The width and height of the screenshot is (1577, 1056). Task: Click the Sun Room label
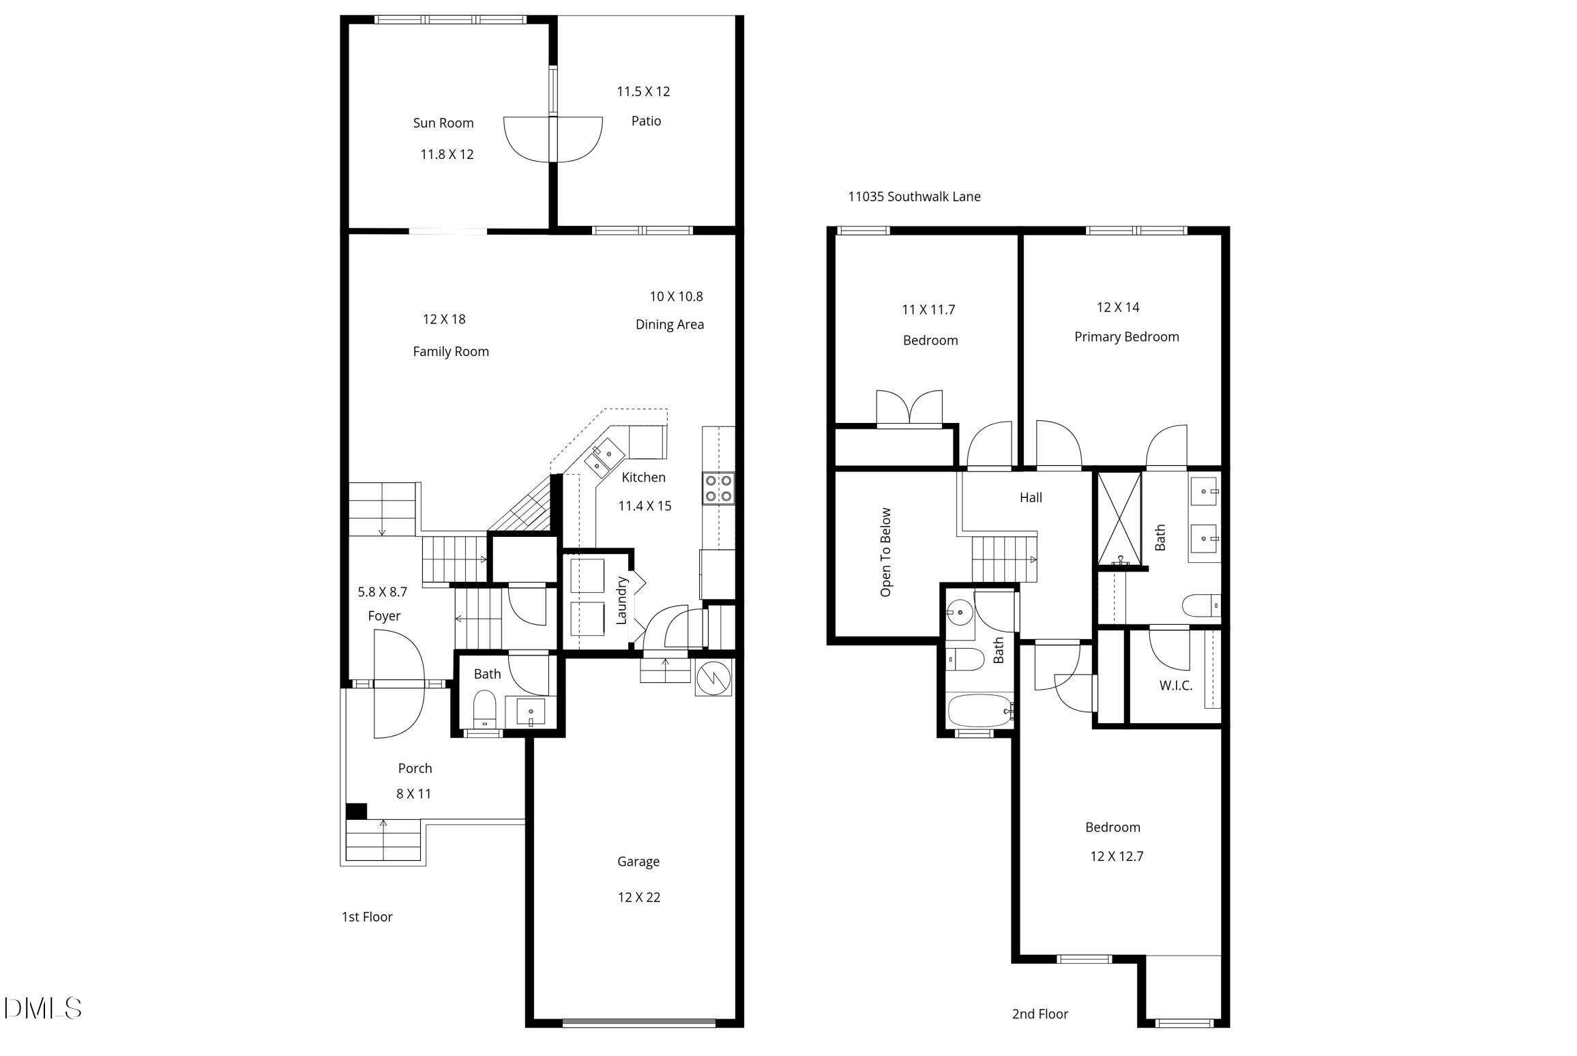443,123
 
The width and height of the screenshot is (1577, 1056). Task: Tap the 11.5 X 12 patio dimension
643,91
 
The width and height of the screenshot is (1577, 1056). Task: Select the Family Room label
451,351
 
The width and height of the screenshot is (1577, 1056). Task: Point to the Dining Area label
669,325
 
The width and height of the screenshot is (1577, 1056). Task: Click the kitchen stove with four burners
718,488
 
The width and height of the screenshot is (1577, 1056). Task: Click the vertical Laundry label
621,600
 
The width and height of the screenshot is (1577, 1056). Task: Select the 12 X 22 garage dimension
638,897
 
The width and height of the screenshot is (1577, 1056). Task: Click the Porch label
415,768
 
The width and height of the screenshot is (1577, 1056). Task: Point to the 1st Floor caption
367,917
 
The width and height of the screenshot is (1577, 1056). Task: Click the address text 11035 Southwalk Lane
914,196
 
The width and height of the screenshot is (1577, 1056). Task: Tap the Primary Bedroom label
1126,337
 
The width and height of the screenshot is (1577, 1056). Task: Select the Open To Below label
885,552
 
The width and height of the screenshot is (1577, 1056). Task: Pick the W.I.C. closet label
1175,686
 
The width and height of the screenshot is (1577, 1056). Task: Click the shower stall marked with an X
1119,518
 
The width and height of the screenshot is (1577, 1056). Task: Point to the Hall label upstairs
1031,497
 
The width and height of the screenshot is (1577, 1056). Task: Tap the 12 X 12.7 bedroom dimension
1117,856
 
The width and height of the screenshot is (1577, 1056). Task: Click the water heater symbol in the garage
713,677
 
